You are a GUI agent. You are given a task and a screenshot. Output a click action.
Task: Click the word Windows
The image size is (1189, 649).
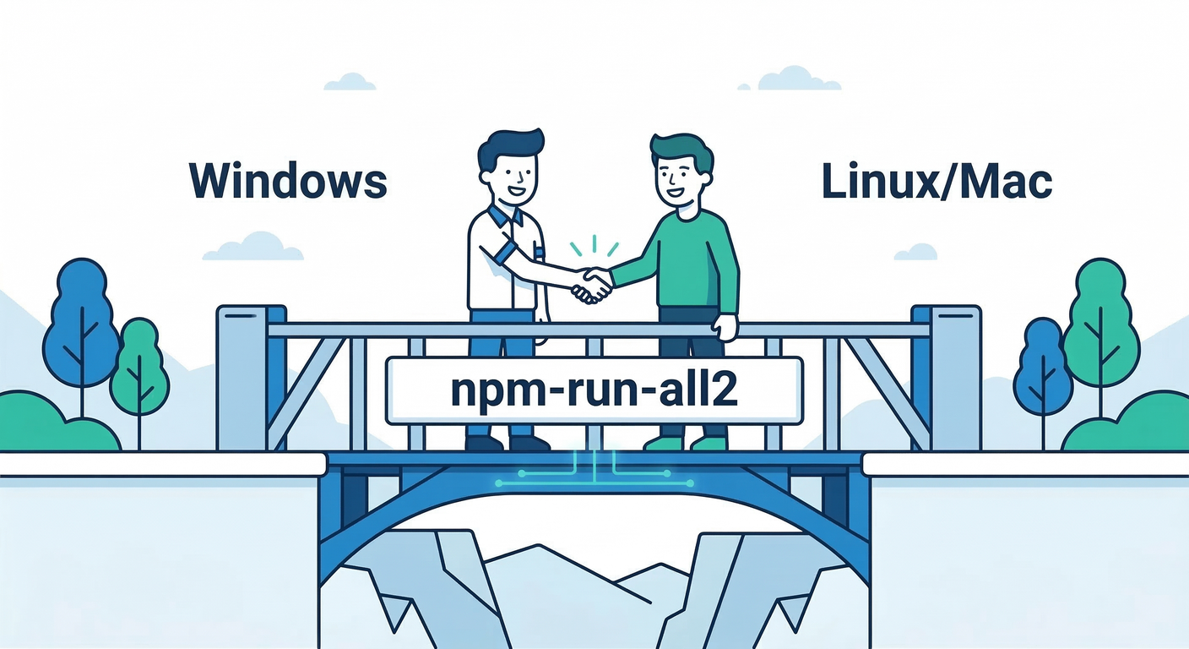[x=288, y=181]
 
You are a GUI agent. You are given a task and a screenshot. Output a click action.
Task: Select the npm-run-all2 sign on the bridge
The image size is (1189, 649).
[x=594, y=390]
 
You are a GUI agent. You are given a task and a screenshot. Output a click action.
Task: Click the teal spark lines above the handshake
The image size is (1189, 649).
[x=594, y=246]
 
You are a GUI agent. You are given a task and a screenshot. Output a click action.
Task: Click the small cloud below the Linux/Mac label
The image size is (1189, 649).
[x=915, y=251]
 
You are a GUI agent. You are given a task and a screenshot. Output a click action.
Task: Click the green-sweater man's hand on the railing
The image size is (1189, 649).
[x=725, y=325]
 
